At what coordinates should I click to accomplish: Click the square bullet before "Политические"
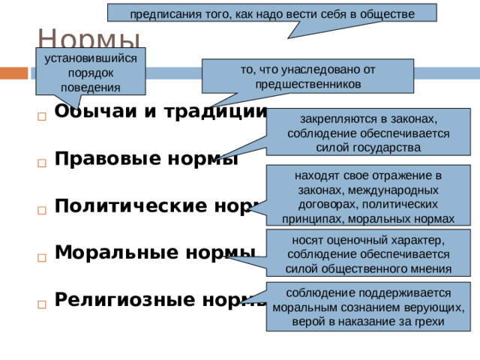tap(40, 210)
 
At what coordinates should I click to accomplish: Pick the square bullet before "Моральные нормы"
tap(40, 256)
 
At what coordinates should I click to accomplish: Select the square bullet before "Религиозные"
tap(40, 304)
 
